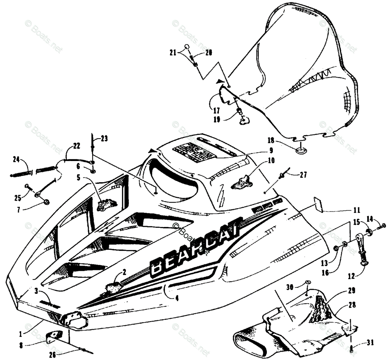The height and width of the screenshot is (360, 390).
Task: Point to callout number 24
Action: [x=16, y=159]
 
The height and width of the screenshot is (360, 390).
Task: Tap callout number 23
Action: [x=104, y=139]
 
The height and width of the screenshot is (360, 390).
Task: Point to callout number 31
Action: [x=371, y=343]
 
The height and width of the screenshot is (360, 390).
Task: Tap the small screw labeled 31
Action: [x=352, y=349]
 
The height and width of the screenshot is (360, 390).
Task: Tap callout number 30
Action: [x=290, y=287]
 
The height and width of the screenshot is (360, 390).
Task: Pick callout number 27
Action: [x=303, y=175]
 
